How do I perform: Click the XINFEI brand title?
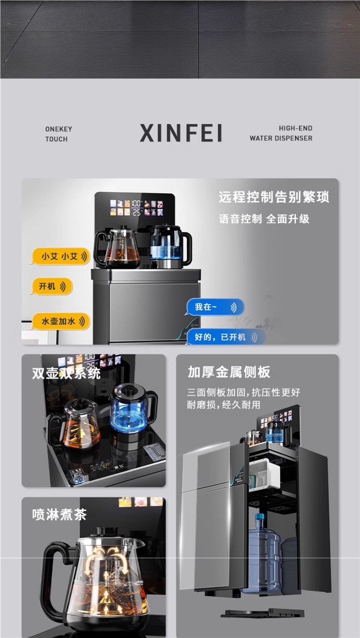tap(181, 133)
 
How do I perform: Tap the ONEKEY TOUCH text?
tap(58, 134)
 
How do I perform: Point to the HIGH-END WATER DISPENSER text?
tap(281, 134)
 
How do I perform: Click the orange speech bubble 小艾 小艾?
tap(60, 256)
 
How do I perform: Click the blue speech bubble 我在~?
tap(214, 307)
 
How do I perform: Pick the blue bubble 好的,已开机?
tap(226, 337)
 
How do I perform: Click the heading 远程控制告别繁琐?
tap(273, 197)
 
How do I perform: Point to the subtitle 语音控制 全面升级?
tap(264, 219)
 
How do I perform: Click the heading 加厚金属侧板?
tap(229, 372)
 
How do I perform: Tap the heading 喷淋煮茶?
tap(59, 514)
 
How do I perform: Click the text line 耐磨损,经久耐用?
tap(224, 405)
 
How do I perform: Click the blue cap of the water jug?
tap(259, 518)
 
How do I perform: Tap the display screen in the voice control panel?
tap(134, 207)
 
